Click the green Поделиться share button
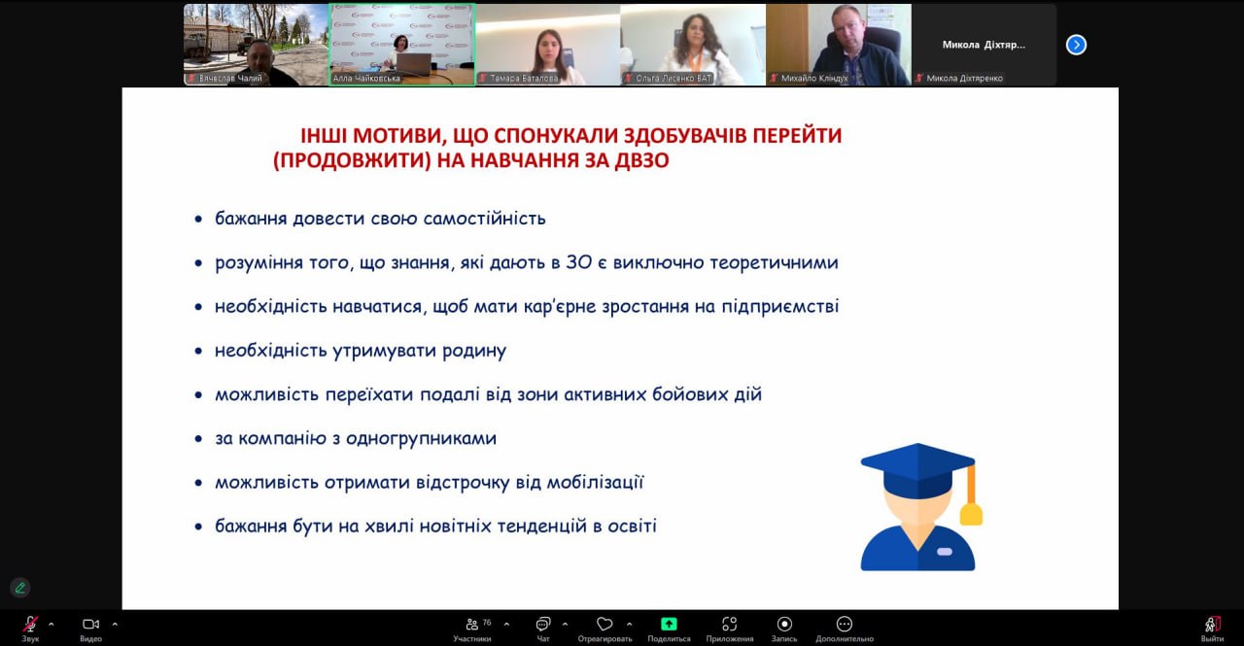[x=669, y=624]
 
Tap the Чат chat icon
[x=542, y=625]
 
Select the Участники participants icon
[x=472, y=625]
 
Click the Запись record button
[x=784, y=624]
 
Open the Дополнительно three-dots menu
[x=845, y=624]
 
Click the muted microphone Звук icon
[x=30, y=625]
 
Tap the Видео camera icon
[x=90, y=625]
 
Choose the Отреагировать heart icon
[x=605, y=625]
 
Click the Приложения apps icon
[x=729, y=625]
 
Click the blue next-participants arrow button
[x=1076, y=45]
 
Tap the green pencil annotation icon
[x=20, y=588]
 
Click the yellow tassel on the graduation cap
[x=971, y=514]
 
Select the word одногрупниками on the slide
[x=421, y=439]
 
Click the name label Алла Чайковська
[x=366, y=79]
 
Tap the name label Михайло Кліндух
[x=814, y=79]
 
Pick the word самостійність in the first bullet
[x=484, y=219]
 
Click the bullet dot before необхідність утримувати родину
[x=198, y=352]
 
